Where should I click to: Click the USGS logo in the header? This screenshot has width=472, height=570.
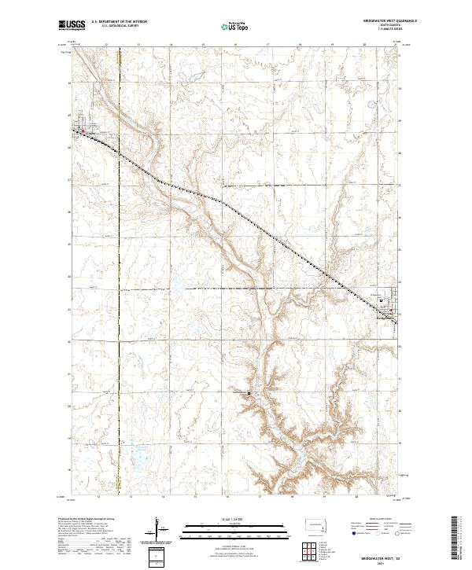click(x=71, y=25)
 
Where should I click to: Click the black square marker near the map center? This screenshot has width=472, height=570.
click(x=249, y=392)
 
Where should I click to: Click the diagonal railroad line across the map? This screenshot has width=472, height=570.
click(x=236, y=210)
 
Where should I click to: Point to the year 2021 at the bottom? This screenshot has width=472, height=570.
click(x=382, y=561)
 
